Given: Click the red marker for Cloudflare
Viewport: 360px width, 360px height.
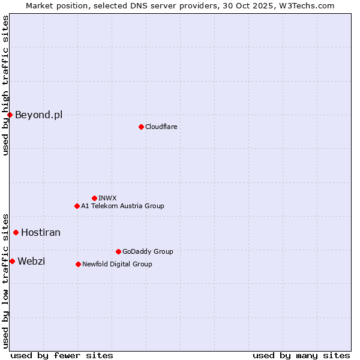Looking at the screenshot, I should pyautogui.click(x=141, y=127).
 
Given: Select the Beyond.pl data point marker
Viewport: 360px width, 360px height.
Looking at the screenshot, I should pyautogui.click(x=10, y=115).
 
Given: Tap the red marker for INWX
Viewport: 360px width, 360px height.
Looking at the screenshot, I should pyautogui.click(x=94, y=198).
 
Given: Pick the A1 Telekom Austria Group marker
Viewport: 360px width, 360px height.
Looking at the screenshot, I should pyautogui.click(x=77, y=206).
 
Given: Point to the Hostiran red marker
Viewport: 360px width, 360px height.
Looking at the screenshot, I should pyautogui.click(x=16, y=232).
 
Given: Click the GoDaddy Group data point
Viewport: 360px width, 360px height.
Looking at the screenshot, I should pyautogui.click(x=118, y=251).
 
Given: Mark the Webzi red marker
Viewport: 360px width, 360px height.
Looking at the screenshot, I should pyautogui.click(x=12, y=261).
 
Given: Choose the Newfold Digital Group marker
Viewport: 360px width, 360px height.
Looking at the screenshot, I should pyautogui.click(x=78, y=264).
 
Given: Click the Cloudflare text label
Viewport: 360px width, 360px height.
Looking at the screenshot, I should pyautogui.click(x=161, y=127).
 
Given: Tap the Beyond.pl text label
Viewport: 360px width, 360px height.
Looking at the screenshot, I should pyautogui.click(x=38, y=115).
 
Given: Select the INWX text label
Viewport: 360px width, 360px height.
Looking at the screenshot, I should pyautogui.click(x=107, y=198).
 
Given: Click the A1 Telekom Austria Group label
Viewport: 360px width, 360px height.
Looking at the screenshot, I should pyautogui.click(x=122, y=206).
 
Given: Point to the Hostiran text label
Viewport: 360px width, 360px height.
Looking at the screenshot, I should pyautogui.click(x=41, y=232).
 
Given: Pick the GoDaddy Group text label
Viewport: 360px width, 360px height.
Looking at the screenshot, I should pyautogui.click(x=148, y=251).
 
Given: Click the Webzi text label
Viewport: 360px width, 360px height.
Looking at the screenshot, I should pyautogui.click(x=31, y=261).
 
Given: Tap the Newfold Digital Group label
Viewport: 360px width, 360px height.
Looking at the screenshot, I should pyautogui.click(x=117, y=264).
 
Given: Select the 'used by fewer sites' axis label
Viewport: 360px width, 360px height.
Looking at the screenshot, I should pyautogui.click(x=62, y=355).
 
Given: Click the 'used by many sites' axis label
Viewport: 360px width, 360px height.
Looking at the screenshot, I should pyautogui.click(x=301, y=355).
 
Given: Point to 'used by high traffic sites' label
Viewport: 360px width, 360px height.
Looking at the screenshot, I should pyautogui.click(x=5, y=85).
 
